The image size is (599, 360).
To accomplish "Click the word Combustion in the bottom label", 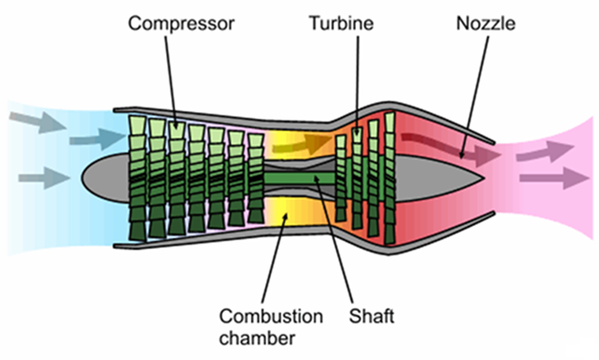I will (x=270, y=317).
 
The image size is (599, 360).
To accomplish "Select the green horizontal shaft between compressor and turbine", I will (x=297, y=179).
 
